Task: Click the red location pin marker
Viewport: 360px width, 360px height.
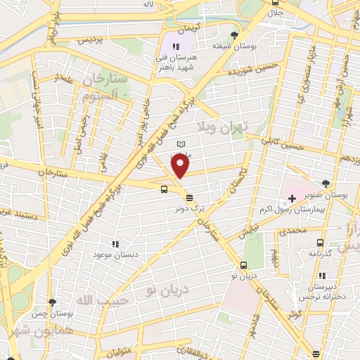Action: [x=181, y=166]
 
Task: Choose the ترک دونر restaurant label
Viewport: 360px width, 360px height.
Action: [x=191, y=209]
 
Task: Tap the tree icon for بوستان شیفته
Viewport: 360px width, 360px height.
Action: [x=234, y=34]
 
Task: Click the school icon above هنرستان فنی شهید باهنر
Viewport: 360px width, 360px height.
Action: [x=167, y=46]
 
